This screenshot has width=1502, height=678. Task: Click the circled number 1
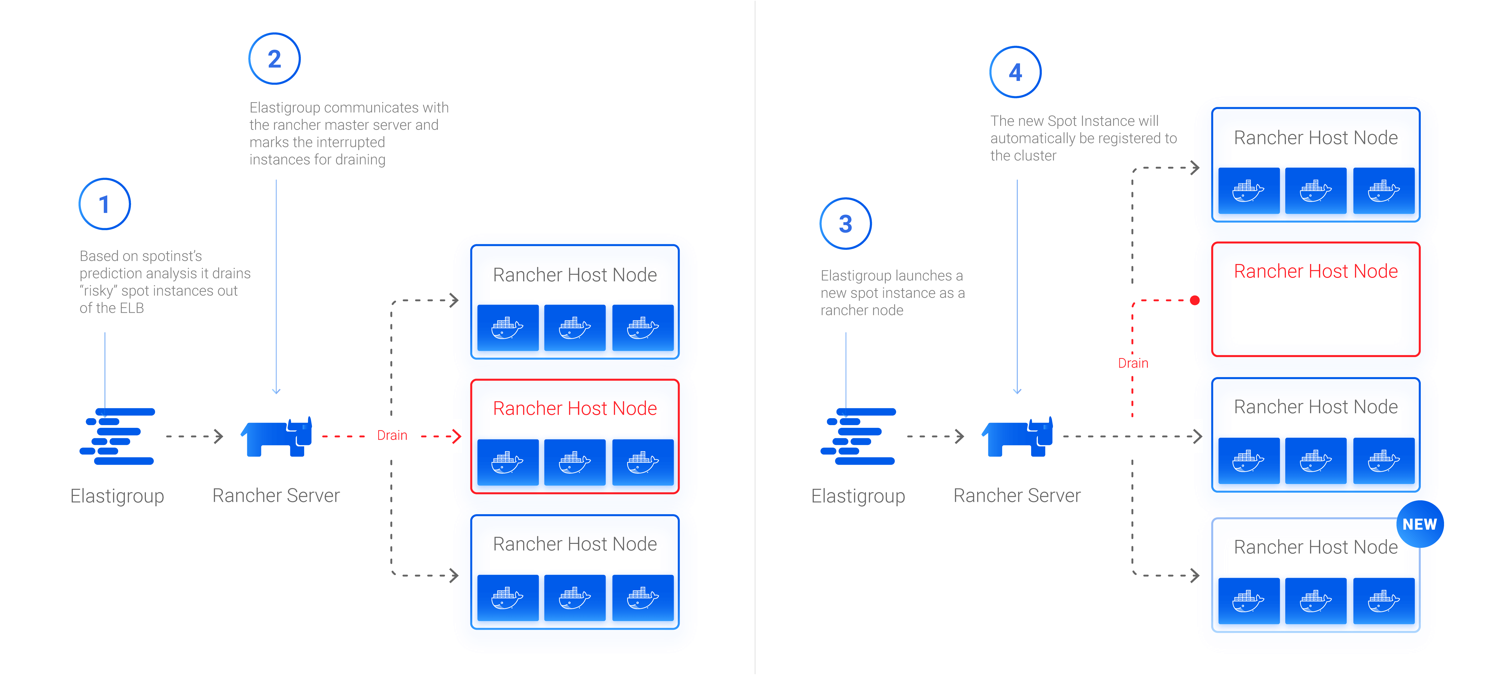(104, 204)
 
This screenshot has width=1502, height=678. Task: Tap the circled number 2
(274, 59)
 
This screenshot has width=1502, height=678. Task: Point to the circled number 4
(1015, 72)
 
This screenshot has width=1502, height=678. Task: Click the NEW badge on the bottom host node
(1419, 524)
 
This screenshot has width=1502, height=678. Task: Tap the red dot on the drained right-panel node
(1195, 301)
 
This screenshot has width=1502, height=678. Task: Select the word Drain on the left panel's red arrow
(392, 436)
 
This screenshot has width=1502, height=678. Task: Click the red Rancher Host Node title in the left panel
(575, 409)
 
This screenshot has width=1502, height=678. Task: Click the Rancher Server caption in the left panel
(276, 496)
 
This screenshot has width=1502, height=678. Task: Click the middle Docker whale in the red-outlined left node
(574, 462)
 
